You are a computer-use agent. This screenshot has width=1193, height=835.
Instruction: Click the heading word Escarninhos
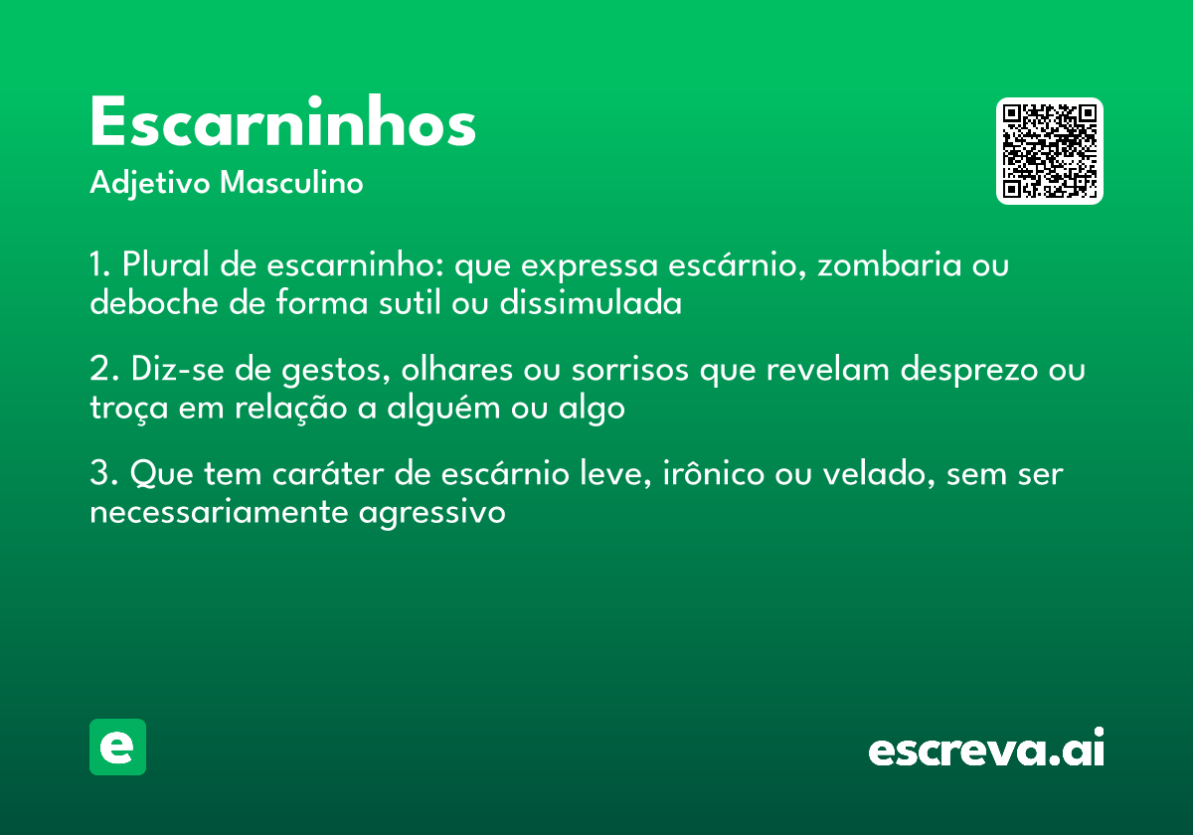click(x=282, y=124)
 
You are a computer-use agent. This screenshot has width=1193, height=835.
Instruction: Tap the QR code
click(x=1050, y=151)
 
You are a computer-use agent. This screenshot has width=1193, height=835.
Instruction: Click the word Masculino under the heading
click(x=291, y=184)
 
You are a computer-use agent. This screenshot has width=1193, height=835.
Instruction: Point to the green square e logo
click(x=117, y=747)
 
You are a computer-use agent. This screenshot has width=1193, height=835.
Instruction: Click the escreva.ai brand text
click(x=986, y=750)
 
